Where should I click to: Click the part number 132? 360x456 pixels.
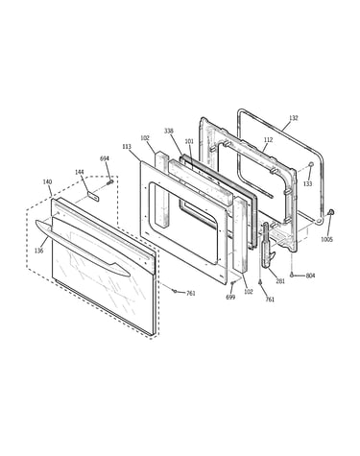pyautogui.click(x=293, y=118)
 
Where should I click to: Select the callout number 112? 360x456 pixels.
pyautogui.click(x=268, y=140)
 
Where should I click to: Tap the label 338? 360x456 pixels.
pyautogui.click(x=169, y=131)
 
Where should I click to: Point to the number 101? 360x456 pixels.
pyautogui.click(x=189, y=141)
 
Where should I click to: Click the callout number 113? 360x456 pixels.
pyautogui.click(x=127, y=147)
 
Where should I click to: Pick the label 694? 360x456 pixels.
pyautogui.click(x=105, y=158)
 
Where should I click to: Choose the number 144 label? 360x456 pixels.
pyautogui.click(x=80, y=172)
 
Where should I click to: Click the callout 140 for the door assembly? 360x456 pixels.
pyautogui.click(x=47, y=182)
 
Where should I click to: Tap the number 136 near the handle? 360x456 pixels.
pyautogui.click(x=38, y=251)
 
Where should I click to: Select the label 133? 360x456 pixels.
pyautogui.click(x=307, y=184)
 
